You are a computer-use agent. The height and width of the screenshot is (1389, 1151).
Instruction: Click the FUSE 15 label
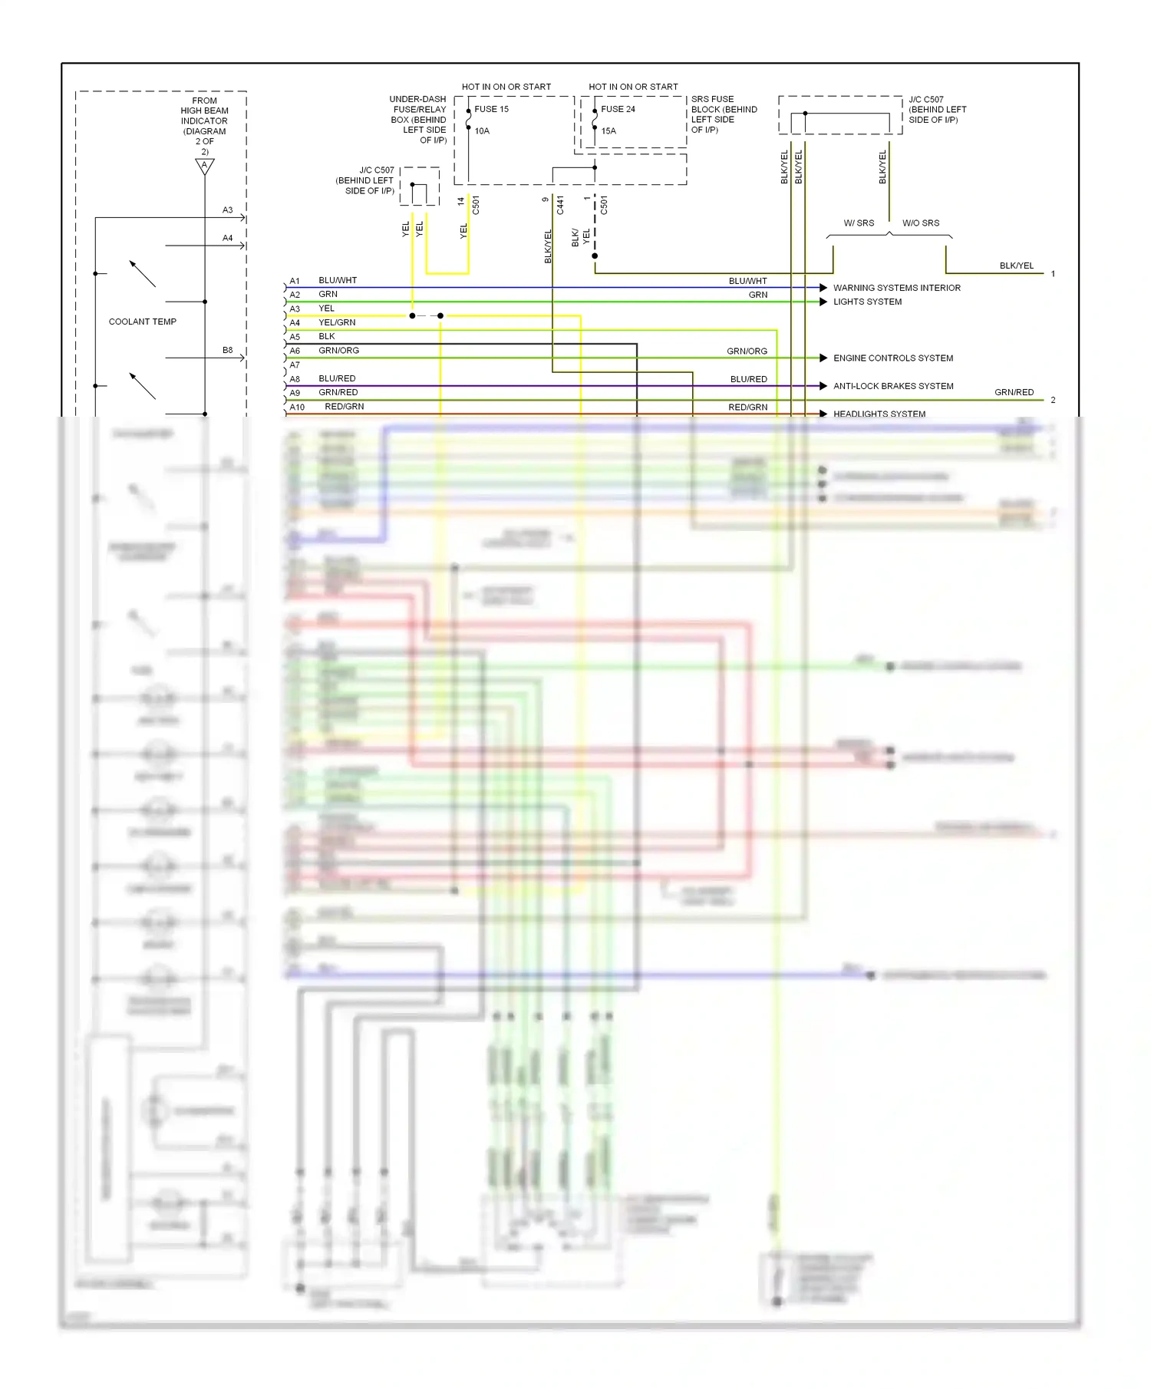(x=491, y=109)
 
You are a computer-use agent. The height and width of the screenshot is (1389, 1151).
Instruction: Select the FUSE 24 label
(x=618, y=109)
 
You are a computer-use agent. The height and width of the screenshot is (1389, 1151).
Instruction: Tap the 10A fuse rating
(x=482, y=131)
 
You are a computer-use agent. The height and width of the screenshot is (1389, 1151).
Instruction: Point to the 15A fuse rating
(x=608, y=131)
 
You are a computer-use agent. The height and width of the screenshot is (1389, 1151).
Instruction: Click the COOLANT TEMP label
(x=143, y=322)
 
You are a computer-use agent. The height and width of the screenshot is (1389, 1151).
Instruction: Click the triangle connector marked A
(x=205, y=166)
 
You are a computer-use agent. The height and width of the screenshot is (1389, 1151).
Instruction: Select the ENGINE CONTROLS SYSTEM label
(x=893, y=358)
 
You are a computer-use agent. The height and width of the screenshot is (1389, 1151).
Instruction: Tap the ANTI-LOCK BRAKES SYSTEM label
(x=893, y=386)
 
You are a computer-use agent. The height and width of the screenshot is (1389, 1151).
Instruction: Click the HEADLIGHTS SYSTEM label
(x=879, y=414)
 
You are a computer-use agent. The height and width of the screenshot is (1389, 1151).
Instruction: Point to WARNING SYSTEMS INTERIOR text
(x=897, y=288)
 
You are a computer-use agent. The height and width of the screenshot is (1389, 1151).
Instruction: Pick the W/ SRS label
(x=859, y=223)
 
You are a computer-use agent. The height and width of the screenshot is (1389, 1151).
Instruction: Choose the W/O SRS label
(x=921, y=223)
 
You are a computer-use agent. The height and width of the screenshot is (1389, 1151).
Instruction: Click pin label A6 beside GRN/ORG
(x=295, y=351)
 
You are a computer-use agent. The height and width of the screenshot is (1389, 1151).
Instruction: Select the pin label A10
(x=297, y=407)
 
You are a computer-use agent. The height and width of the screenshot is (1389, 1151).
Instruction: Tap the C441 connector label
(x=560, y=205)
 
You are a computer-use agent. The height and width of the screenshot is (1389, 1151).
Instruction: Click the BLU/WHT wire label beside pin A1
(x=338, y=281)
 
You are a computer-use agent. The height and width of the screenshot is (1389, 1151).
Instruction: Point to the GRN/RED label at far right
(x=1014, y=392)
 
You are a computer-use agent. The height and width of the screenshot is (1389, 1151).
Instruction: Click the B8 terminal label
(x=228, y=350)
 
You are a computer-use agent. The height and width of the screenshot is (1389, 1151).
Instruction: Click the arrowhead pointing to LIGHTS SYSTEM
(x=823, y=302)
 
